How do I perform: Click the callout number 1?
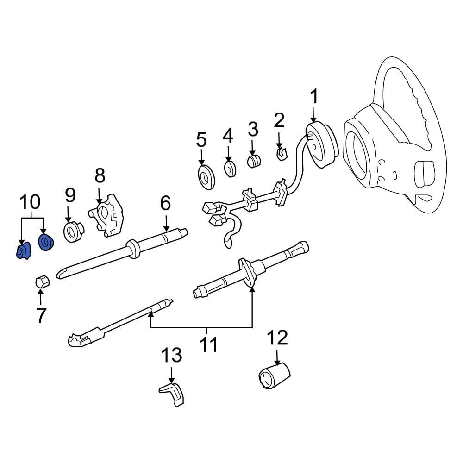[314, 97]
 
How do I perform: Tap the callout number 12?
[277, 338]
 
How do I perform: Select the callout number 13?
[171, 356]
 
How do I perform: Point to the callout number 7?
[41, 315]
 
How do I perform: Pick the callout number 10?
[30, 202]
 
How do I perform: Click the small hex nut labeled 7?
[41, 281]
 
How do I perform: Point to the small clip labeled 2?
[281, 152]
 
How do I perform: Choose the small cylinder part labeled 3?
[253, 162]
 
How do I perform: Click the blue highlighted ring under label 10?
[46, 243]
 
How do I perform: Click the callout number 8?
[100, 176]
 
